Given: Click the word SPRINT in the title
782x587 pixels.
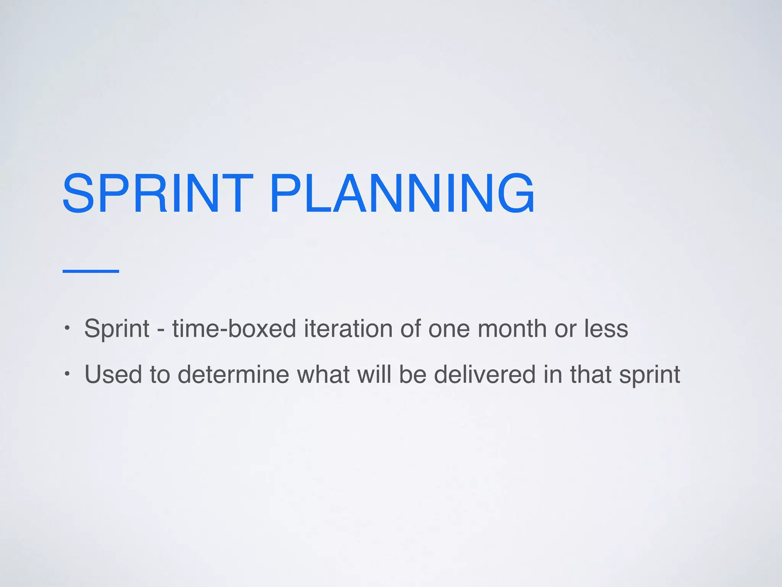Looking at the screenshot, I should click(157, 193).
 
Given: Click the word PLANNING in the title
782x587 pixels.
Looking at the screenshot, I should click(402, 193).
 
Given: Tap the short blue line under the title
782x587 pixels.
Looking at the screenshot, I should click(91, 271).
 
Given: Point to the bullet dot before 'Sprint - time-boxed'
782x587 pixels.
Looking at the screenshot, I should click(67, 328).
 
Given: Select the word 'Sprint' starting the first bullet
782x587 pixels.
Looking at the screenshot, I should click(117, 329).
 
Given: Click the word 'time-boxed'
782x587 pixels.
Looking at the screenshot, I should click(234, 329).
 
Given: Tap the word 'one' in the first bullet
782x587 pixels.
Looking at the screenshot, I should click(449, 329).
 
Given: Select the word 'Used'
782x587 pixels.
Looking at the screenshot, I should click(113, 374).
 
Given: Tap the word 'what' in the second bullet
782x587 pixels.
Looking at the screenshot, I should click(323, 374).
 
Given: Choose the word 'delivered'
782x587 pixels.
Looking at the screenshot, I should click(485, 374).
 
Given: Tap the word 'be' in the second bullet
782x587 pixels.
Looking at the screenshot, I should click(413, 374).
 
